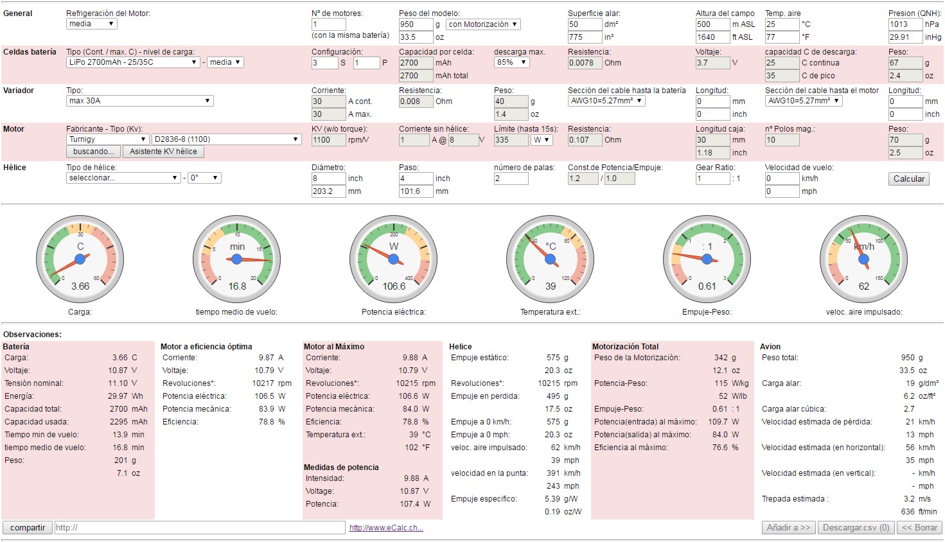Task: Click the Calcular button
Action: (909, 179)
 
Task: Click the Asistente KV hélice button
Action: (163, 152)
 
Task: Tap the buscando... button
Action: (93, 152)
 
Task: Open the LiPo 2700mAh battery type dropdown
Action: (133, 62)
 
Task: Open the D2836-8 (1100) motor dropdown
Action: (226, 139)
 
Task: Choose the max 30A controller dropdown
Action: (139, 101)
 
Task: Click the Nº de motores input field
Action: (328, 24)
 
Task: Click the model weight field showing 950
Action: (415, 24)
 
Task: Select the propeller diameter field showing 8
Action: (328, 179)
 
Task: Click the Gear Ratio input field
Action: (712, 179)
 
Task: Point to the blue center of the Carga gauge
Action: (80, 259)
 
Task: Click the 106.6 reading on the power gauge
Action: (394, 286)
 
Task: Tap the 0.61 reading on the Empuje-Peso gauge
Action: (707, 286)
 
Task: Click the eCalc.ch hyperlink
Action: (386, 528)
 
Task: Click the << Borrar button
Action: (920, 528)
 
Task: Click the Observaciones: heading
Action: (33, 335)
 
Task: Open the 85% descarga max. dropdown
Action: (511, 62)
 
